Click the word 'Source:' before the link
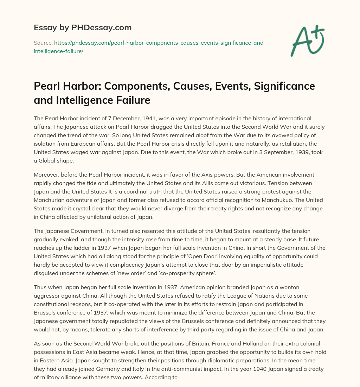tap(43, 43)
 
